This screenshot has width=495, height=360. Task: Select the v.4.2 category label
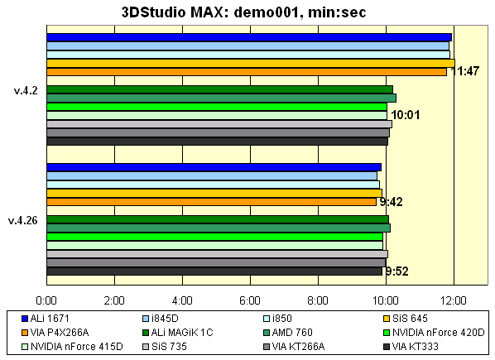25,90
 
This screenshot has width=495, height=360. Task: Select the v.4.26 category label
22,220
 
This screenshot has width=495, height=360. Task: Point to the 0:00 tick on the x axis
47,299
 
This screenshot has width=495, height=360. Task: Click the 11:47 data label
464,72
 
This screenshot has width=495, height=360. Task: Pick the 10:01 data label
406,115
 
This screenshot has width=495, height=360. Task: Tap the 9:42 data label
392,201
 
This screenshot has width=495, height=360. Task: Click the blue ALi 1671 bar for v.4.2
248,36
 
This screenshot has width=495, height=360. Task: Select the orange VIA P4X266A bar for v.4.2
247,72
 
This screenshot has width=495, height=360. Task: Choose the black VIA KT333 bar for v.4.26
214,271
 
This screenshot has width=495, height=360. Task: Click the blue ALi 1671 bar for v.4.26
214,167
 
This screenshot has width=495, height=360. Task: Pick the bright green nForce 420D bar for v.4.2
217,107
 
